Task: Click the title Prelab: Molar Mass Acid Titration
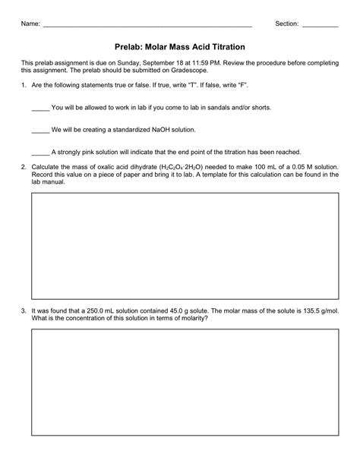click(180, 46)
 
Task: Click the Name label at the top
click(30, 24)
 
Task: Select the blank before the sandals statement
click(40, 109)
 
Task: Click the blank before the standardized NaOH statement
click(40, 131)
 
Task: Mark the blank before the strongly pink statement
click(40, 153)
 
